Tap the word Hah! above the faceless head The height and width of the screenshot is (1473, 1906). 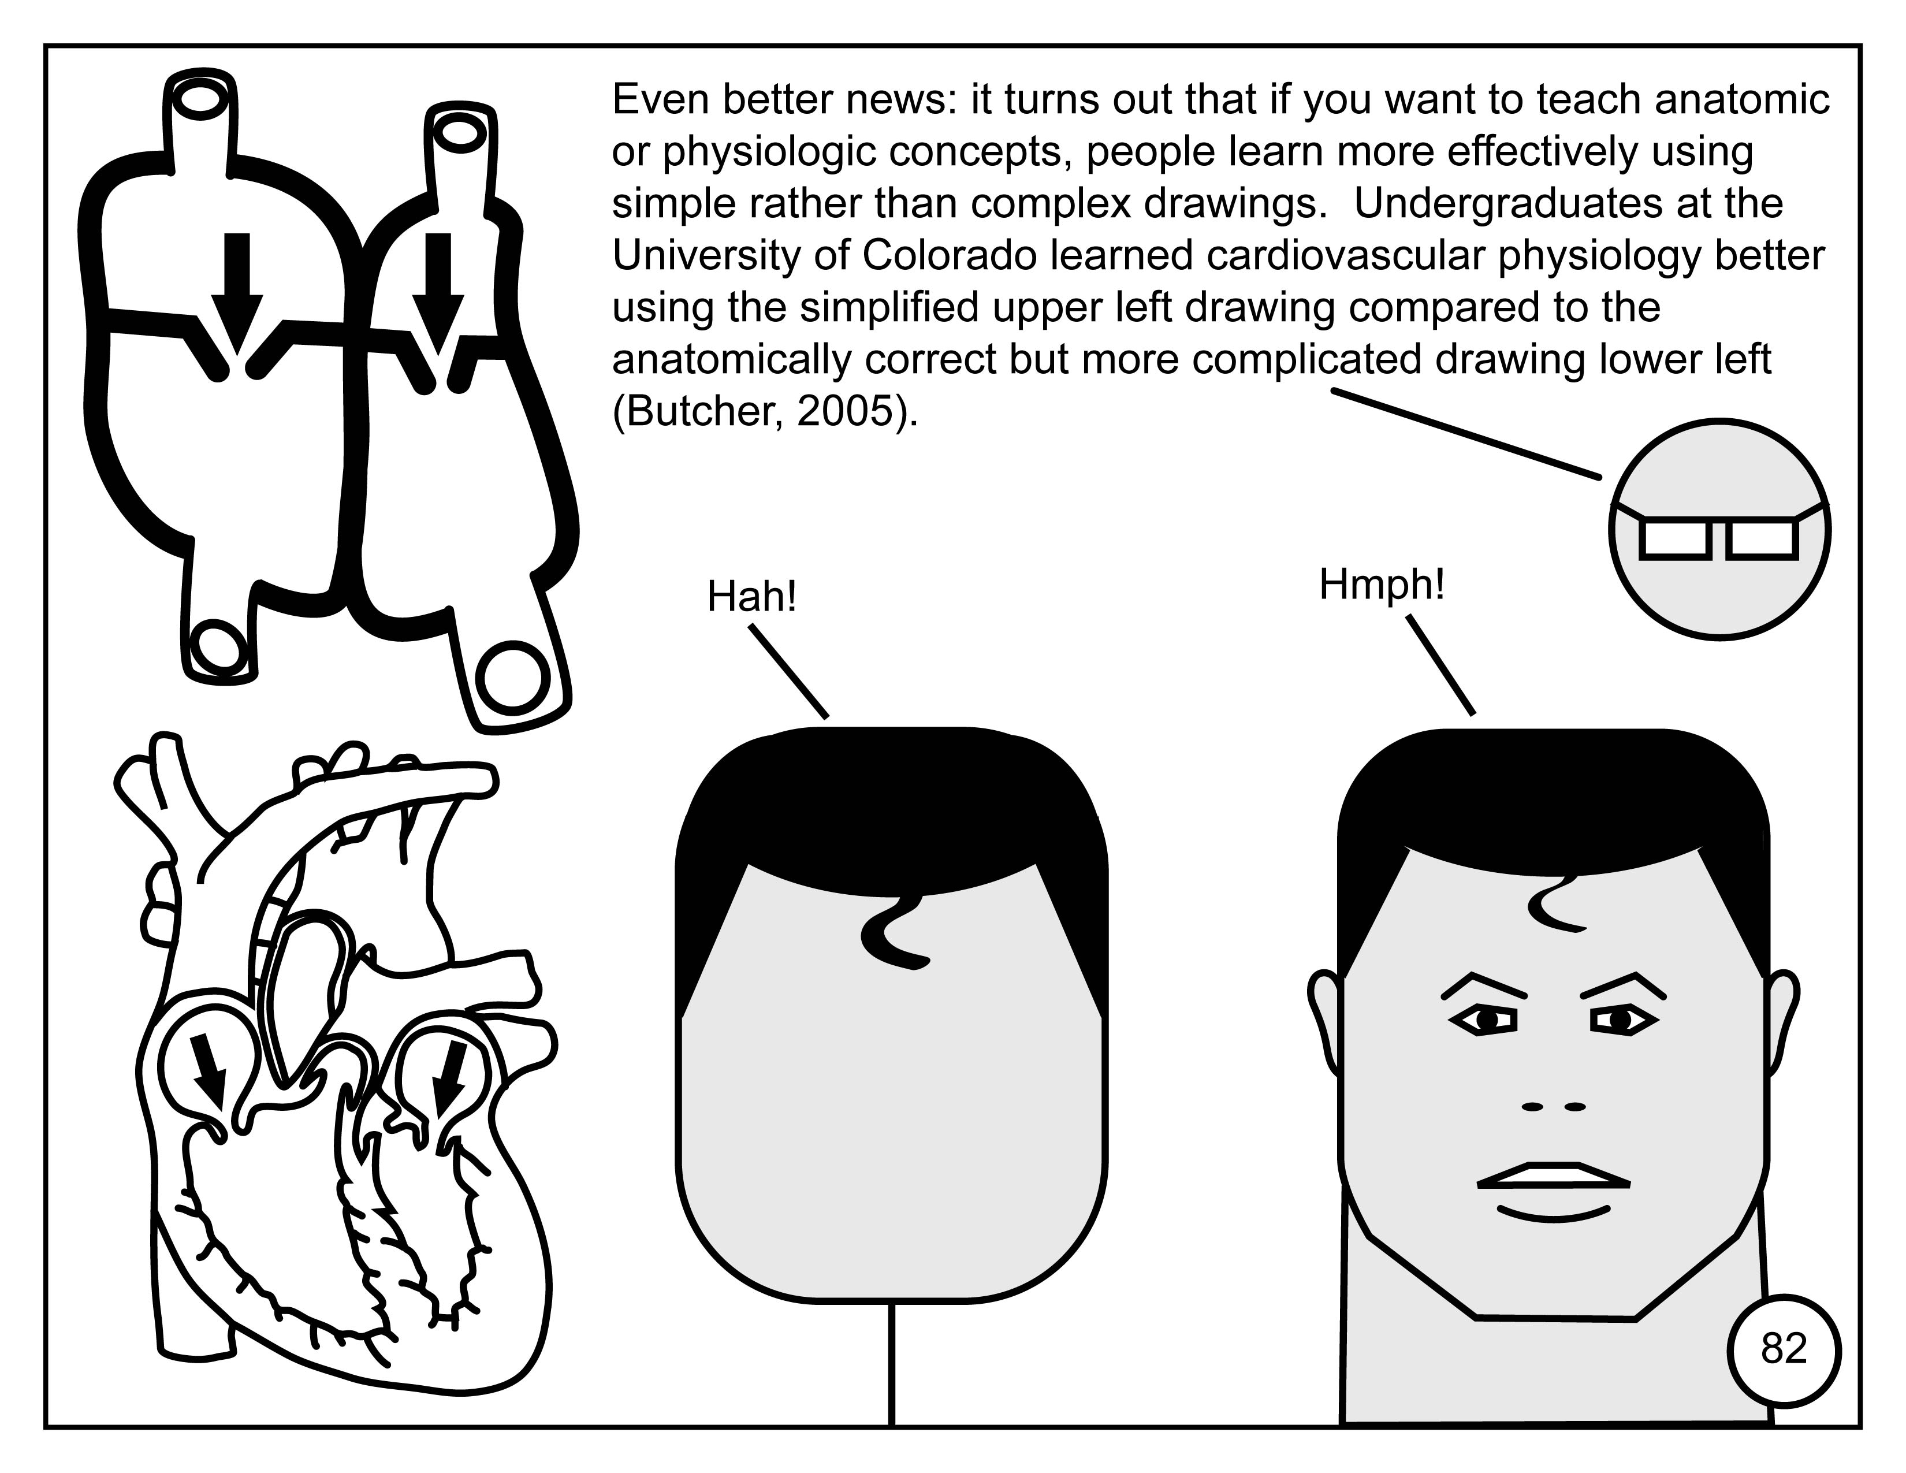coord(751,598)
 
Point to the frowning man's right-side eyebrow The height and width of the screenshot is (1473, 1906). coord(1622,984)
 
